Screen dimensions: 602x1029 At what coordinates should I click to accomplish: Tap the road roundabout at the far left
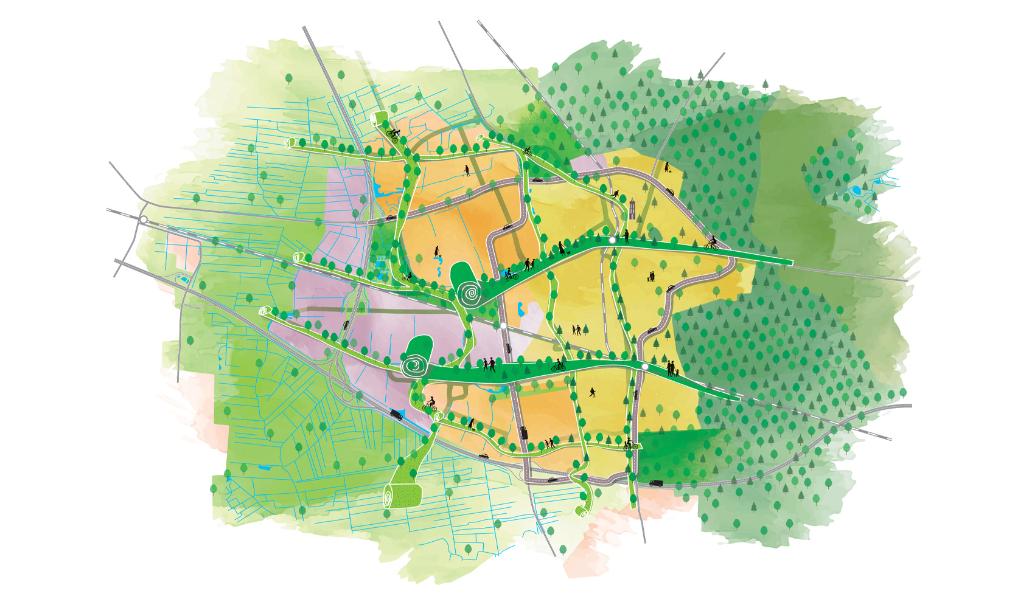pyautogui.click(x=144, y=220)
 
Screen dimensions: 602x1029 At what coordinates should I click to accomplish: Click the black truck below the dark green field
pyautogui.click(x=655, y=483)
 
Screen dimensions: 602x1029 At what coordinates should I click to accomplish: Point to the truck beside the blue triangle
pyautogui.click(x=396, y=415)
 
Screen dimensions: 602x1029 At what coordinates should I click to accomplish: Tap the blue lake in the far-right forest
pyautogui.click(x=857, y=190)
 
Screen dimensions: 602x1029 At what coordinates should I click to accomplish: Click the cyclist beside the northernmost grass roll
pyautogui.click(x=393, y=136)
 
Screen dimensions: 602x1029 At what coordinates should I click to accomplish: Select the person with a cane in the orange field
pyautogui.click(x=467, y=170)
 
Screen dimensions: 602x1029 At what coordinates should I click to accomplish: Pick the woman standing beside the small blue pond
pyautogui.click(x=436, y=251)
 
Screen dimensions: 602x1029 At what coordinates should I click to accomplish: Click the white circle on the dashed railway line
pyautogui.click(x=504, y=327)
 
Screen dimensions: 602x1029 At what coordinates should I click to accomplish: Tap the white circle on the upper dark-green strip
pyautogui.click(x=612, y=241)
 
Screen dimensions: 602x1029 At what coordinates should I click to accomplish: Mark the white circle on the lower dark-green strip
pyautogui.click(x=644, y=367)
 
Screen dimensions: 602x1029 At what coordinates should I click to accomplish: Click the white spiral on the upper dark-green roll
pyautogui.click(x=470, y=294)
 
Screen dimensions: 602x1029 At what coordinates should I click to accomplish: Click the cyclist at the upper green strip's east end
pyautogui.click(x=711, y=243)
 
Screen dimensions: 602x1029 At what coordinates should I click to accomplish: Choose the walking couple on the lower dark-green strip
pyautogui.click(x=489, y=365)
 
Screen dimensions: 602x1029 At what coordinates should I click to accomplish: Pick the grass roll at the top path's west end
pyautogui.click(x=290, y=143)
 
